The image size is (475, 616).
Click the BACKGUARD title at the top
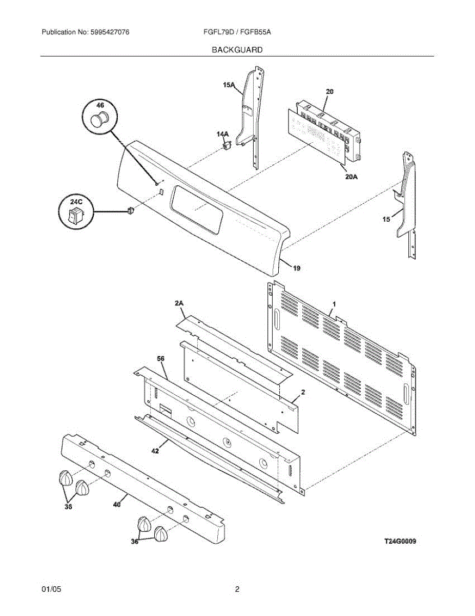pyautogui.click(x=237, y=50)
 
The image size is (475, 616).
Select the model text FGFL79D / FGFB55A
pyautogui.click(x=237, y=32)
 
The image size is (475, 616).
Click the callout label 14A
pyautogui.click(x=222, y=134)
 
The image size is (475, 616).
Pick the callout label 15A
pyautogui.click(x=229, y=86)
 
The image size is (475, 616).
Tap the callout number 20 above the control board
pyautogui.click(x=330, y=91)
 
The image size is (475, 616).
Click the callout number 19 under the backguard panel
pyautogui.click(x=297, y=267)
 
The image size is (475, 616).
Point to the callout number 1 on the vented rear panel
pyautogui.click(x=334, y=304)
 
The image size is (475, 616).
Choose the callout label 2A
pyautogui.click(x=179, y=304)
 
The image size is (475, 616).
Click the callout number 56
pyautogui.click(x=161, y=359)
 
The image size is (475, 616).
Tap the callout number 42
pyautogui.click(x=155, y=451)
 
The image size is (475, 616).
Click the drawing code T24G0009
pyautogui.click(x=400, y=541)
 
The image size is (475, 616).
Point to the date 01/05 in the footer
pyautogui.click(x=51, y=590)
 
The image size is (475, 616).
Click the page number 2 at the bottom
pyautogui.click(x=237, y=590)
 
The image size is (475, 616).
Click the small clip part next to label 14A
pyautogui.click(x=226, y=146)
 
